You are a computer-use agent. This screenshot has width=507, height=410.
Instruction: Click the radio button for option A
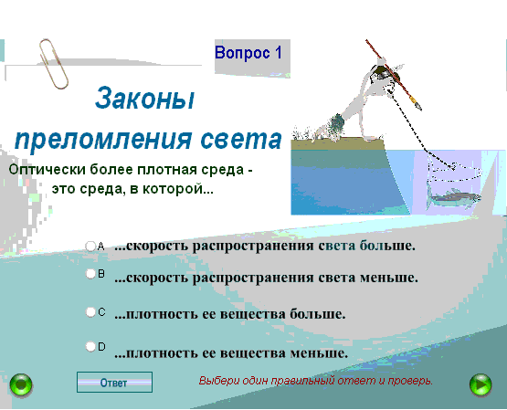(x=90, y=247)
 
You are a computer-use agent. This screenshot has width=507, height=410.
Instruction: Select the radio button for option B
(x=90, y=274)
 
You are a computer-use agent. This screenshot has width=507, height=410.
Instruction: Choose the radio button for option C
(x=90, y=312)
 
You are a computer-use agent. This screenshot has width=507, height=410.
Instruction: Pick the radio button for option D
(x=90, y=347)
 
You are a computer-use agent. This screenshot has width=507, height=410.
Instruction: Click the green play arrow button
(x=481, y=384)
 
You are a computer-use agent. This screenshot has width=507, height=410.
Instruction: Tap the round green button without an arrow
(x=21, y=385)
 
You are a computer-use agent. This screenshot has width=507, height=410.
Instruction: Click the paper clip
(x=53, y=64)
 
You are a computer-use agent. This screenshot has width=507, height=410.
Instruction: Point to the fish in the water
(x=453, y=197)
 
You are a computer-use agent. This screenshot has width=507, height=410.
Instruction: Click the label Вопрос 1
(x=248, y=53)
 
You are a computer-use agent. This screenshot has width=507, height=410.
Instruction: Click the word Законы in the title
(x=145, y=99)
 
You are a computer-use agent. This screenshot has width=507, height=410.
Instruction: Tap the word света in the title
(x=241, y=139)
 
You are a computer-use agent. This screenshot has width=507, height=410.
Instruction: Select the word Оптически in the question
(x=48, y=169)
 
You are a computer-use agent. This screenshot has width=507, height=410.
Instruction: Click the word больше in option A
(x=387, y=246)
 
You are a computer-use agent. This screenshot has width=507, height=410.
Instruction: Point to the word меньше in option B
(x=389, y=278)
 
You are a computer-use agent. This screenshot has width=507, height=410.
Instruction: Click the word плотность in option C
(x=162, y=314)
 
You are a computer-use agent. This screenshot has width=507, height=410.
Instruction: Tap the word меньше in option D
(x=319, y=352)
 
